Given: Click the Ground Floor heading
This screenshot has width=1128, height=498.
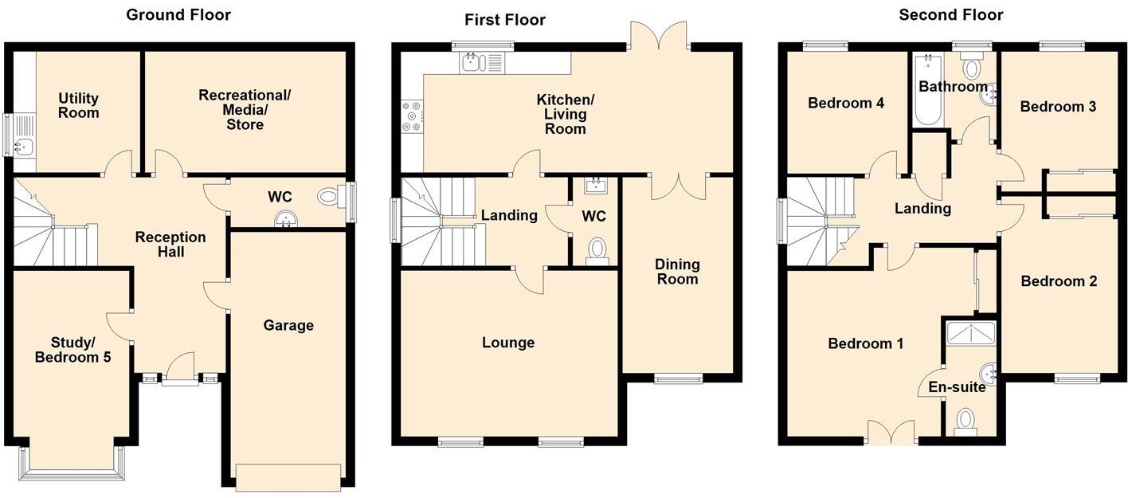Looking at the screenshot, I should (x=178, y=14).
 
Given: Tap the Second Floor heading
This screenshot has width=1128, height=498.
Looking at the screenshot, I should (x=950, y=14).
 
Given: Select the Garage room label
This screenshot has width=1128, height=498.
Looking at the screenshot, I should (x=288, y=325).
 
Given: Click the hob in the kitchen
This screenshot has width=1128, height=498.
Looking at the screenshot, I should (x=412, y=116).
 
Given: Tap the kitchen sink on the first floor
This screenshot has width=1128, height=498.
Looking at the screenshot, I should (x=472, y=63).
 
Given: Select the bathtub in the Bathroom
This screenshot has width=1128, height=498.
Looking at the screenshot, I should (x=928, y=89).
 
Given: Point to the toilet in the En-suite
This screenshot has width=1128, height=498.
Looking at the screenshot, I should (x=965, y=421).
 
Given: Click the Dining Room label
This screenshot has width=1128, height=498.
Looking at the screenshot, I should (x=677, y=271).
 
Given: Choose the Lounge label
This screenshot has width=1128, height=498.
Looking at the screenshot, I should (x=508, y=343).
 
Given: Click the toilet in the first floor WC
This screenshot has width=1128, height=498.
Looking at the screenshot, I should (x=596, y=251).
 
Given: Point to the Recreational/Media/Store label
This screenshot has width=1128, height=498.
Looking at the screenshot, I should (x=245, y=109).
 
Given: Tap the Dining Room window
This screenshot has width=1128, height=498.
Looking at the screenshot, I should (x=678, y=378).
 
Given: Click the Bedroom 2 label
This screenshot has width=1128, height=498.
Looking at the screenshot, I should (x=1058, y=281).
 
